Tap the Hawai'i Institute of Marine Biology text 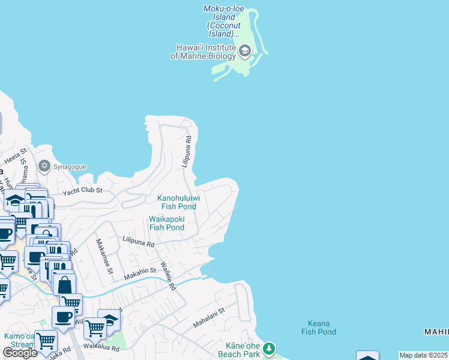click(x=203, y=52)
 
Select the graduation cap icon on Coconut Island click(x=244, y=51)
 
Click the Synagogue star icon click(x=43, y=166)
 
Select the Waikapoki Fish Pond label click(x=166, y=223)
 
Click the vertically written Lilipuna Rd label click(x=188, y=151)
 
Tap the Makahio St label click(x=140, y=274)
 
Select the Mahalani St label click(x=208, y=318)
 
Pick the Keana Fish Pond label click(x=319, y=327)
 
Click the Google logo click(x=20, y=353)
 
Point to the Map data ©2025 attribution click(x=424, y=355)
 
